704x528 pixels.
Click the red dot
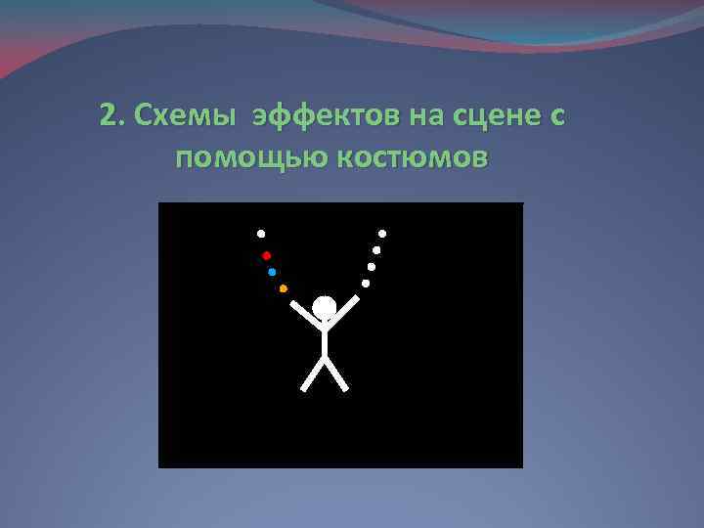266,255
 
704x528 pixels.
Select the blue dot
272,272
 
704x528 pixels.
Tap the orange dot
283,288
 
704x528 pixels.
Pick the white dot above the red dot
261,234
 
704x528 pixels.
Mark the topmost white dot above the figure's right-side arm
382,234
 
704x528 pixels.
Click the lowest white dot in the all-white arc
366,284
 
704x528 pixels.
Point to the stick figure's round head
325,308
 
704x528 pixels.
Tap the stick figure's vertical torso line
325,339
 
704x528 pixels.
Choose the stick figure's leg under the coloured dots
313,374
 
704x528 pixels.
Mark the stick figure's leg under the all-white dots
336,374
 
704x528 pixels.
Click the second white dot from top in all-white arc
376,250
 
